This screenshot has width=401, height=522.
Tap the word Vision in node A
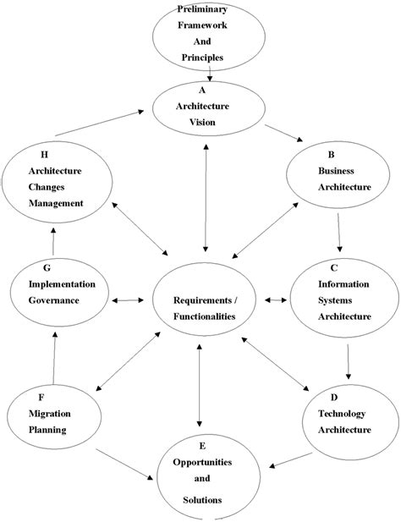(203, 121)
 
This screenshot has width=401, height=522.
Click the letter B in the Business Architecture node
(329, 155)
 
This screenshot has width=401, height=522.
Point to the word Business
(337, 170)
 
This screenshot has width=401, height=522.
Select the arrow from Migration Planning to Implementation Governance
(54, 357)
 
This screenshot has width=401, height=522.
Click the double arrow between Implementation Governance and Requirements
(130, 299)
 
